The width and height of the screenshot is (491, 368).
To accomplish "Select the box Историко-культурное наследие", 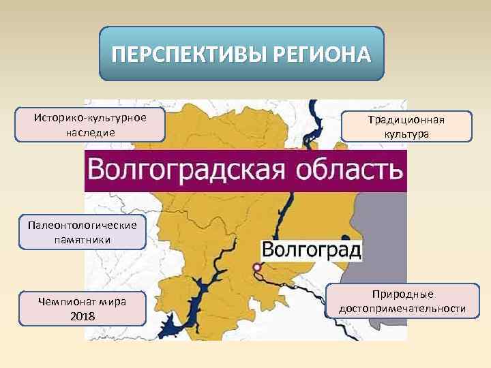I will tap(91, 124).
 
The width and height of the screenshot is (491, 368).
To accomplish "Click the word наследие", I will tap(91, 131).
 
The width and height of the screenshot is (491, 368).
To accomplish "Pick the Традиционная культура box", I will tap(407, 127).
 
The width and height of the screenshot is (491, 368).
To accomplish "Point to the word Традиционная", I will tap(407, 120).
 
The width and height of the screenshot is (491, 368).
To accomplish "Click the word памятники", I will tap(83, 240).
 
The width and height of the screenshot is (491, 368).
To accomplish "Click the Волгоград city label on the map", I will tap(312, 249).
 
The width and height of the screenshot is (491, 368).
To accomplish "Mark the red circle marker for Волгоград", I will tap(256, 267).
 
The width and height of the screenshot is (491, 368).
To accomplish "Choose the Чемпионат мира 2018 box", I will tap(83, 309).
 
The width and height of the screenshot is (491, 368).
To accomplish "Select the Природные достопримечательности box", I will tap(402, 301).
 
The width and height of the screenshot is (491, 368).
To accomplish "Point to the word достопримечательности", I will tap(402, 309).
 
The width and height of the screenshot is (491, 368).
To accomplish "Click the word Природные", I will tap(402, 294).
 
